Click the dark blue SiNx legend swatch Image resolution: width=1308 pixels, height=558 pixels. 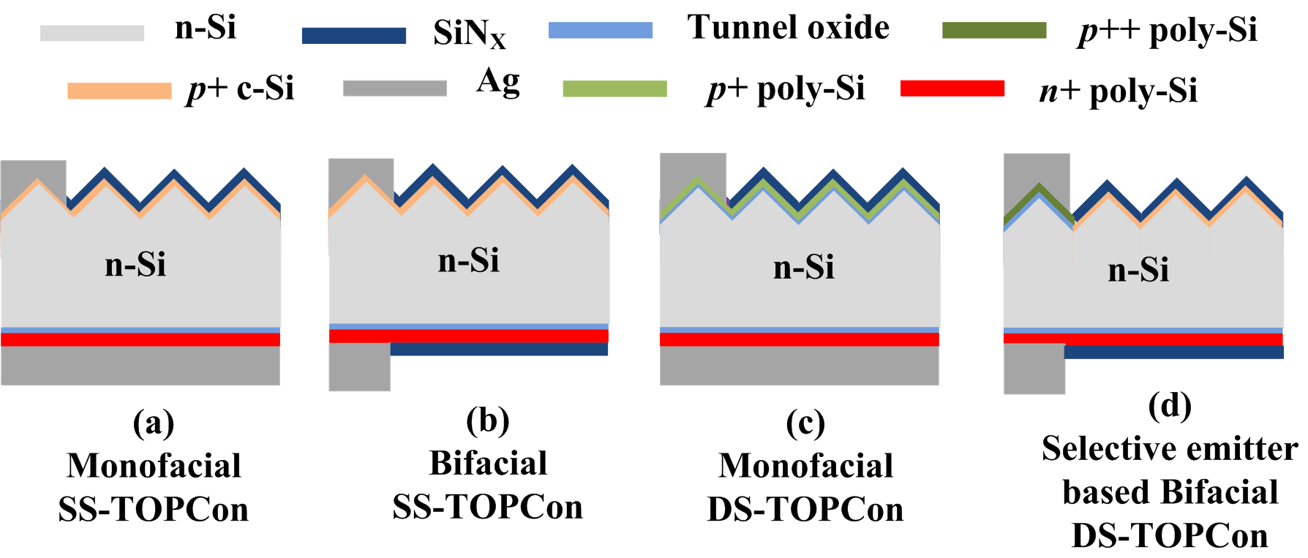click(x=353, y=35)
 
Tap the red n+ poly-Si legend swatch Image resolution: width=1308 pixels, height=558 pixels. click(x=952, y=88)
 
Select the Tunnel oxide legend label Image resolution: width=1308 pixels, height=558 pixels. click(x=788, y=28)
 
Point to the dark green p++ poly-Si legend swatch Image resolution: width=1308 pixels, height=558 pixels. click(x=993, y=30)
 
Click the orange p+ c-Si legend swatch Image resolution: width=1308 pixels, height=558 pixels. click(x=119, y=90)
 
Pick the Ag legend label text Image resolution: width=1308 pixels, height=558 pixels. click(x=497, y=81)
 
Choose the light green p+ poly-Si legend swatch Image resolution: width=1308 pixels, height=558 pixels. click(x=614, y=88)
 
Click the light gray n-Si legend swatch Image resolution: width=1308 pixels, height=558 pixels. click(x=91, y=33)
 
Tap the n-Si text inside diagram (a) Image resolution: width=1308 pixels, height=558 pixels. click(x=135, y=264)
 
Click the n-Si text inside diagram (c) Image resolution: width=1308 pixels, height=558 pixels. click(x=803, y=267)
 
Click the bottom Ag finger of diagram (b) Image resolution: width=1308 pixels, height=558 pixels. click(x=359, y=366)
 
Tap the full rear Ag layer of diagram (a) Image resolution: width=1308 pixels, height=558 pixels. click(x=140, y=365)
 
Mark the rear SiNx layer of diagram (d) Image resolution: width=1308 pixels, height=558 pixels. click(x=1173, y=352)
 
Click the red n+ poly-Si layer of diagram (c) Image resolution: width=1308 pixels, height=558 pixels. click(x=799, y=339)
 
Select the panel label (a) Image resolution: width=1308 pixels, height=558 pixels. click(x=153, y=423)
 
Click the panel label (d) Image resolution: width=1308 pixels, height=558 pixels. click(x=1169, y=406)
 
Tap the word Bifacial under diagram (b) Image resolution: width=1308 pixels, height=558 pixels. click(x=488, y=463)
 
